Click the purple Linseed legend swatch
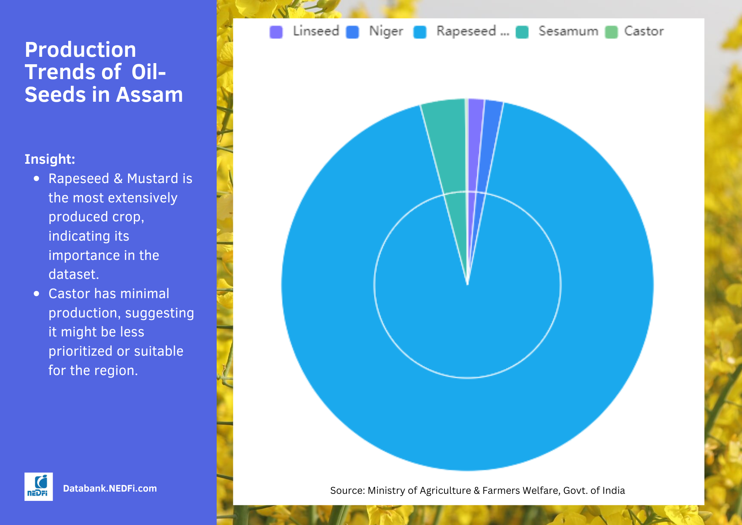point(276,32)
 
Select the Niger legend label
point(386,31)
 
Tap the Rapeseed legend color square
point(420,32)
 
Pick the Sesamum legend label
point(568,31)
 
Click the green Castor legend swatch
point(611,32)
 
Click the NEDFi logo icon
point(39,486)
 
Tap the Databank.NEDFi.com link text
point(110,488)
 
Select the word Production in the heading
point(81,49)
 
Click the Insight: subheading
point(50,159)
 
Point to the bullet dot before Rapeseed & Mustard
point(36,179)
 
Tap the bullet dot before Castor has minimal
point(36,294)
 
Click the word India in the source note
point(614,490)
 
